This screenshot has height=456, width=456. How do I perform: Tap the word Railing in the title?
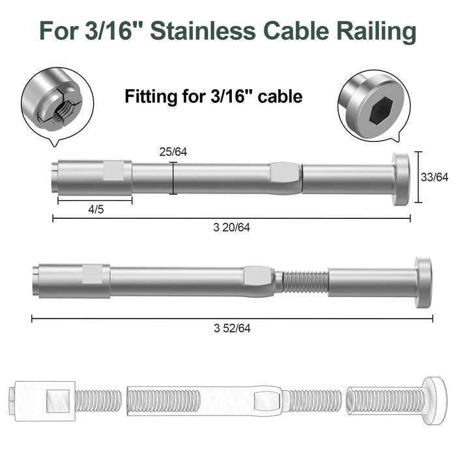click(x=378, y=31)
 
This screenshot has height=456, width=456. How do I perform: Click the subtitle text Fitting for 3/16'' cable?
click(x=214, y=98)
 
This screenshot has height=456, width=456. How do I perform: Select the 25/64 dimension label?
click(x=173, y=152)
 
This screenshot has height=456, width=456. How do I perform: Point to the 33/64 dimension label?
click(x=435, y=177)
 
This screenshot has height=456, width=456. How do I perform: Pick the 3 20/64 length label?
click(x=231, y=227)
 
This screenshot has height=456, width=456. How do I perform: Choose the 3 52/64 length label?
click(x=231, y=328)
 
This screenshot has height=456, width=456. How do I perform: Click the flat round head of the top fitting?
click(x=401, y=179)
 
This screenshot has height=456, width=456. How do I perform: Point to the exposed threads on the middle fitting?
click(x=305, y=281)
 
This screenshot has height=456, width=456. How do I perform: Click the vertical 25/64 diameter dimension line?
click(x=173, y=178)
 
